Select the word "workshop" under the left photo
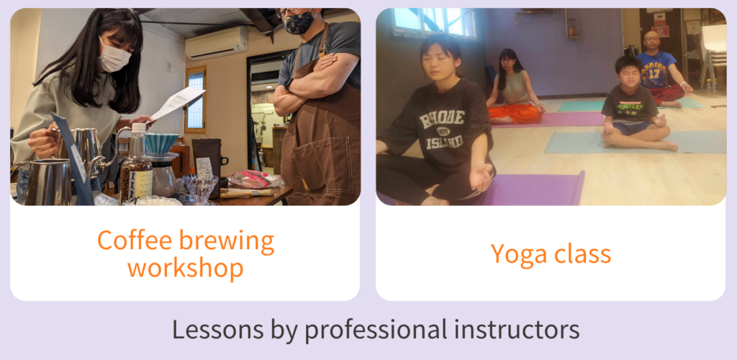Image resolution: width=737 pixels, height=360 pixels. pyautogui.click(x=185, y=268)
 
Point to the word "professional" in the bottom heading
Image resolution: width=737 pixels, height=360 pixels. pyautogui.click(x=375, y=330)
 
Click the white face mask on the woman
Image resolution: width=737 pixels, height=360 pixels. pyautogui.click(x=114, y=55)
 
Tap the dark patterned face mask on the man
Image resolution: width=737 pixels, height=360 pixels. pyautogui.click(x=299, y=22)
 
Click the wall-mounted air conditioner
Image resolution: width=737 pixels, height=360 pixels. pyautogui.click(x=217, y=42)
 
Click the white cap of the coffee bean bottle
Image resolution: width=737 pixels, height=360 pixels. pyautogui.click(x=138, y=127)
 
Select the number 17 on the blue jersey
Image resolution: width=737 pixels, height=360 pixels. pyautogui.click(x=654, y=73)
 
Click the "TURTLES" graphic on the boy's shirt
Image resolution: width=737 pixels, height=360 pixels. pyautogui.click(x=630, y=106)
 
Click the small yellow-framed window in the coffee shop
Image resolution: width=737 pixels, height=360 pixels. pyautogui.click(x=196, y=99)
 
